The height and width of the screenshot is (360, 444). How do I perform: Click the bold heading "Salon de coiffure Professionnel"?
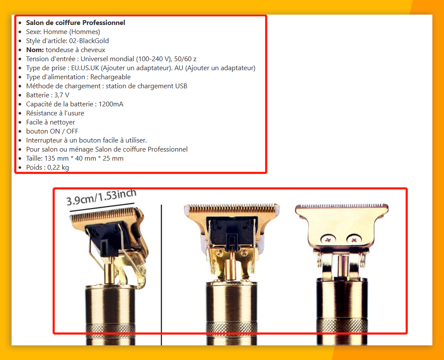point(75,23)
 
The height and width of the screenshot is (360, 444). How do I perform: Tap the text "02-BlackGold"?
point(89,41)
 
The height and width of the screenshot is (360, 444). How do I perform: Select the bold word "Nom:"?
point(35,50)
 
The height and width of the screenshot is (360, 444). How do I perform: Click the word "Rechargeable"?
point(110,77)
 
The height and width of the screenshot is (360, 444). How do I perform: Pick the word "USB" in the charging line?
point(181,86)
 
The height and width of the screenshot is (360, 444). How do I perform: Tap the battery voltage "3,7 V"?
point(62,95)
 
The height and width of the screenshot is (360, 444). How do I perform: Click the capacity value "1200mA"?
point(111,104)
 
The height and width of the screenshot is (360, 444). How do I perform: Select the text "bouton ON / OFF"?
point(52,131)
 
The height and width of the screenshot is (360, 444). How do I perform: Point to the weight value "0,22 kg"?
point(58,168)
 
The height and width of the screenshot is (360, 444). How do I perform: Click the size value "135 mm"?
point(56,158)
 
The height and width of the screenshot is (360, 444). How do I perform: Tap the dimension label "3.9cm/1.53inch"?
point(101,197)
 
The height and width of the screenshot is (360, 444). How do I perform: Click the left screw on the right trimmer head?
point(328,240)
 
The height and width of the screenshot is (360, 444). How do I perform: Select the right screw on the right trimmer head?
point(353,240)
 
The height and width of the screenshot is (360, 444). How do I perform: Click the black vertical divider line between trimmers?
point(161,275)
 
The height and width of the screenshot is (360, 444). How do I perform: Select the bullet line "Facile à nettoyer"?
point(51,122)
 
